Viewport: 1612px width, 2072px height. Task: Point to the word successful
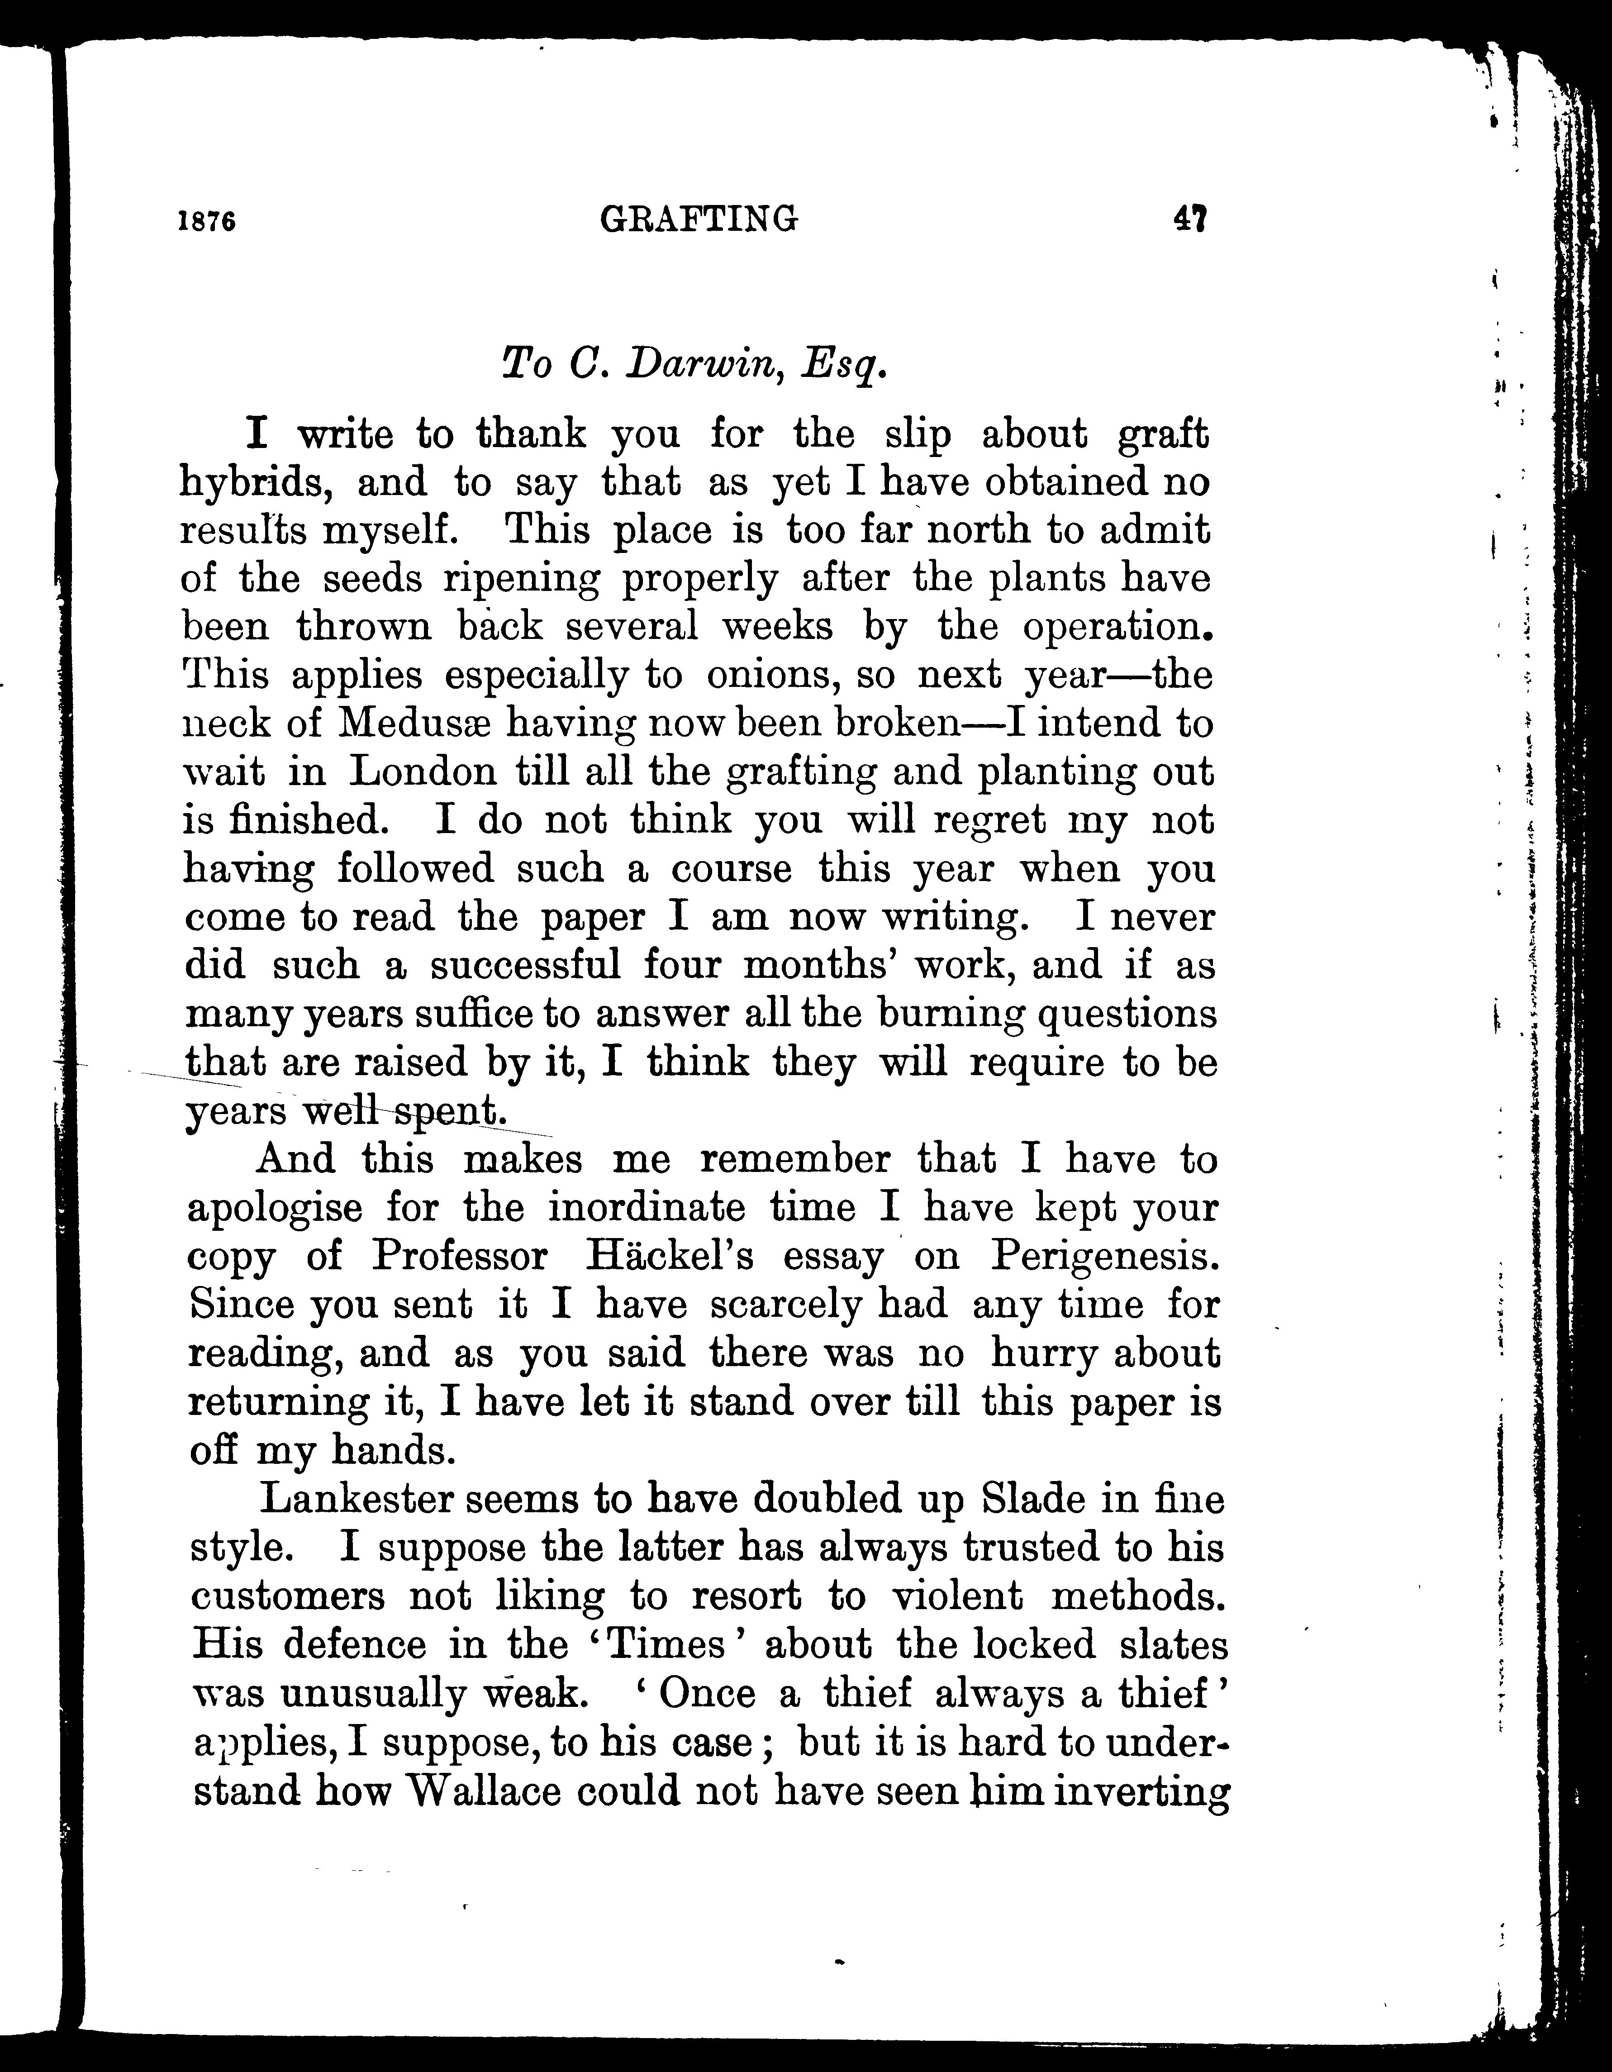pos(526,965)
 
